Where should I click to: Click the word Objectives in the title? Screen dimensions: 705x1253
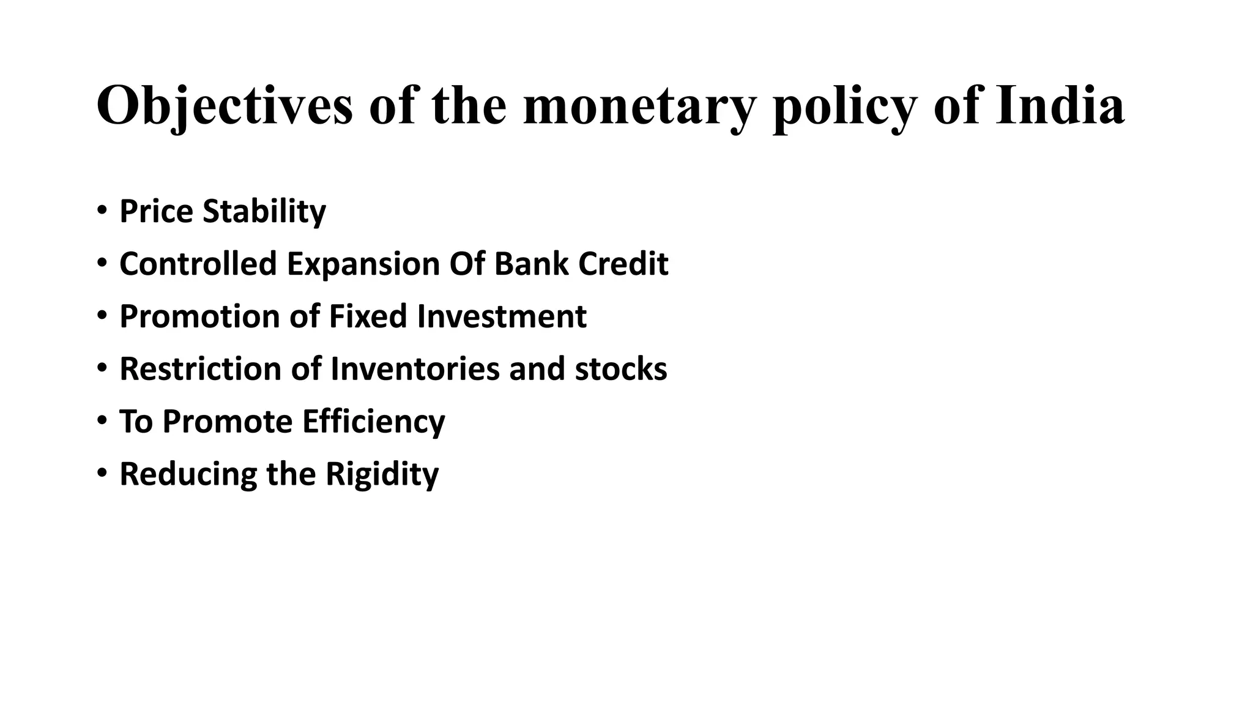225,105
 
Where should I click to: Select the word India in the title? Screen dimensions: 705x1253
1060,105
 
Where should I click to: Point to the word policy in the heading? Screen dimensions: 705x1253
844,105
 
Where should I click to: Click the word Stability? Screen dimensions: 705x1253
264,212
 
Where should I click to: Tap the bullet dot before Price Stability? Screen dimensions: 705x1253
102,211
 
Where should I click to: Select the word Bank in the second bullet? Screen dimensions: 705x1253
531,264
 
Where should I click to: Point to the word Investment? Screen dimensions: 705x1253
502,316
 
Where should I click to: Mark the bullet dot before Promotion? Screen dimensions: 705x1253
102,316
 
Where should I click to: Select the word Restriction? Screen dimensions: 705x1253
200,369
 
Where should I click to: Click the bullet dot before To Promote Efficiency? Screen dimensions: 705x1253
102,421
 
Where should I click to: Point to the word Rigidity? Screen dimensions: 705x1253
382,474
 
